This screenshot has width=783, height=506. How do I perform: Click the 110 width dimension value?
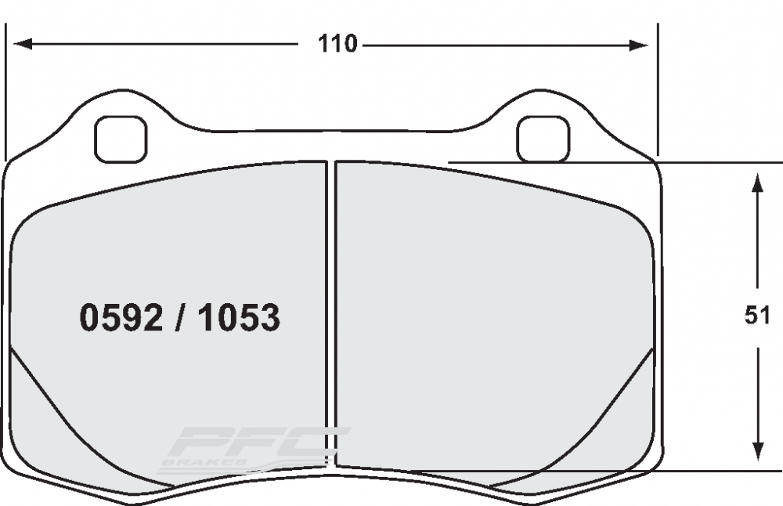pyautogui.click(x=337, y=44)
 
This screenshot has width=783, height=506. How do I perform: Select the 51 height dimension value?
pyautogui.click(x=757, y=316)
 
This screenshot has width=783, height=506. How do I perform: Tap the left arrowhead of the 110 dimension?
pyautogui.click(x=23, y=44)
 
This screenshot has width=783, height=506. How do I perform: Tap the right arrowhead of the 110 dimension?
pyautogui.click(x=639, y=45)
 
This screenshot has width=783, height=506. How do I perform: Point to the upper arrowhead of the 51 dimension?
pyautogui.click(x=757, y=183)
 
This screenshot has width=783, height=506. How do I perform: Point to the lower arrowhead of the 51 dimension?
pyautogui.click(x=758, y=451)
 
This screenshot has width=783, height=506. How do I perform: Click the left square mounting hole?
pyautogui.click(x=121, y=139)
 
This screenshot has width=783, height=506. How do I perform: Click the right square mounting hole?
pyautogui.click(x=543, y=139)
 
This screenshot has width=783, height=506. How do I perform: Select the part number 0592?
pyautogui.click(x=121, y=318)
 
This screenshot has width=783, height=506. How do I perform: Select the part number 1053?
pyautogui.click(x=239, y=318)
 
